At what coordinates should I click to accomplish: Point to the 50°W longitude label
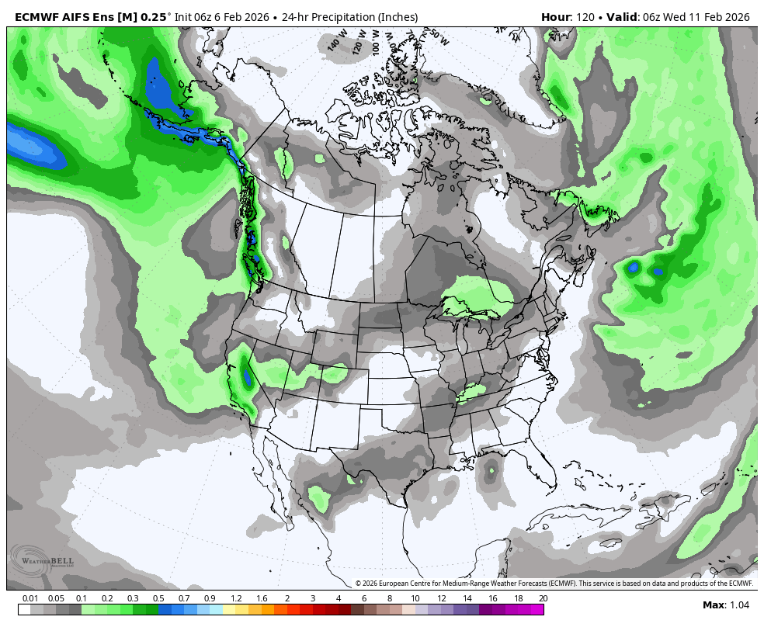(439, 37)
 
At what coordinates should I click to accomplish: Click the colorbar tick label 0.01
(30, 598)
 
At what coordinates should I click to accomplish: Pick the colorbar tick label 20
(543, 598)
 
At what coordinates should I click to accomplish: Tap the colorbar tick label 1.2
(236, 598)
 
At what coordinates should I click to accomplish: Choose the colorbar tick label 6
(363, 598)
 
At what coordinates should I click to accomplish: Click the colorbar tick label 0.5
(158, 598)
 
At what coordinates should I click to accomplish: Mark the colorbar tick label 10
(415, 598)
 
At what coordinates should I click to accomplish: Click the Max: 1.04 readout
(726, 605)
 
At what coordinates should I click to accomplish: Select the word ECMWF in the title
(37, 17)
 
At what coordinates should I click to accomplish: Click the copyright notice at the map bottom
(554, 584)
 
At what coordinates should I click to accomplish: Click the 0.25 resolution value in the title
(152, 17)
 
